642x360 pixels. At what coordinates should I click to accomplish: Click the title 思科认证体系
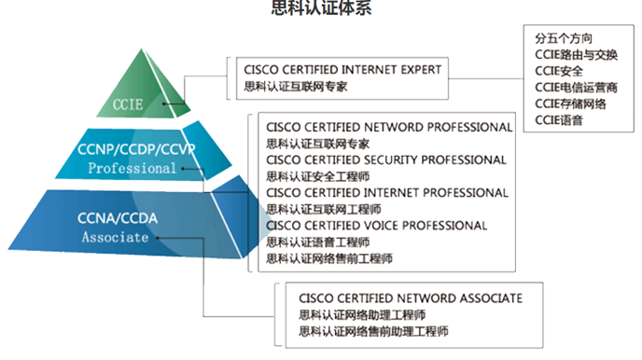pyautogui.click(x=320, y=8)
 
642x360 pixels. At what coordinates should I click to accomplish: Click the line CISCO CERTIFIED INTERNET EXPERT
pyautogui.click(x=342, y=69)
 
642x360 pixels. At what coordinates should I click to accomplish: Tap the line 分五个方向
pyautogui.click(x=565, y=39)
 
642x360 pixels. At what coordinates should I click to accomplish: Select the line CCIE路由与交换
pyautogui.click(x=577, y=55)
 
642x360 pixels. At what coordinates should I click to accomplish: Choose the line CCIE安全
pyautogui.click(x=559, y=71)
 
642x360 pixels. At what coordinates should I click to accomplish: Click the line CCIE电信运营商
pyautogui.click(x=577, y=88)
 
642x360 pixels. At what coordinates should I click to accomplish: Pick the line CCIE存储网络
pyautogui.click(x=570, y=104)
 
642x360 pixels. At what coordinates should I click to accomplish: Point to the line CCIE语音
pyautogui.click(x=559, y=119)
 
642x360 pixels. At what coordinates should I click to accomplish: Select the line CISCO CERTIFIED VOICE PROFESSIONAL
pyautogui.click(x=377, y=225)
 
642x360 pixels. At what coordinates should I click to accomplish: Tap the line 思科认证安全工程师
pyautogui.click(x=318, y=176)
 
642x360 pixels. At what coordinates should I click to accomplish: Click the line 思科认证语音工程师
pyautogui.click(x=318, y=242)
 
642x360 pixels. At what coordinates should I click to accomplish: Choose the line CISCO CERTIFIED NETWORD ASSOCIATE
pyautogui.click(x=411, y=298)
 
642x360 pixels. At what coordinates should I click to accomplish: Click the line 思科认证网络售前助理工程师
pyautogui.click(x=373, y=331)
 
